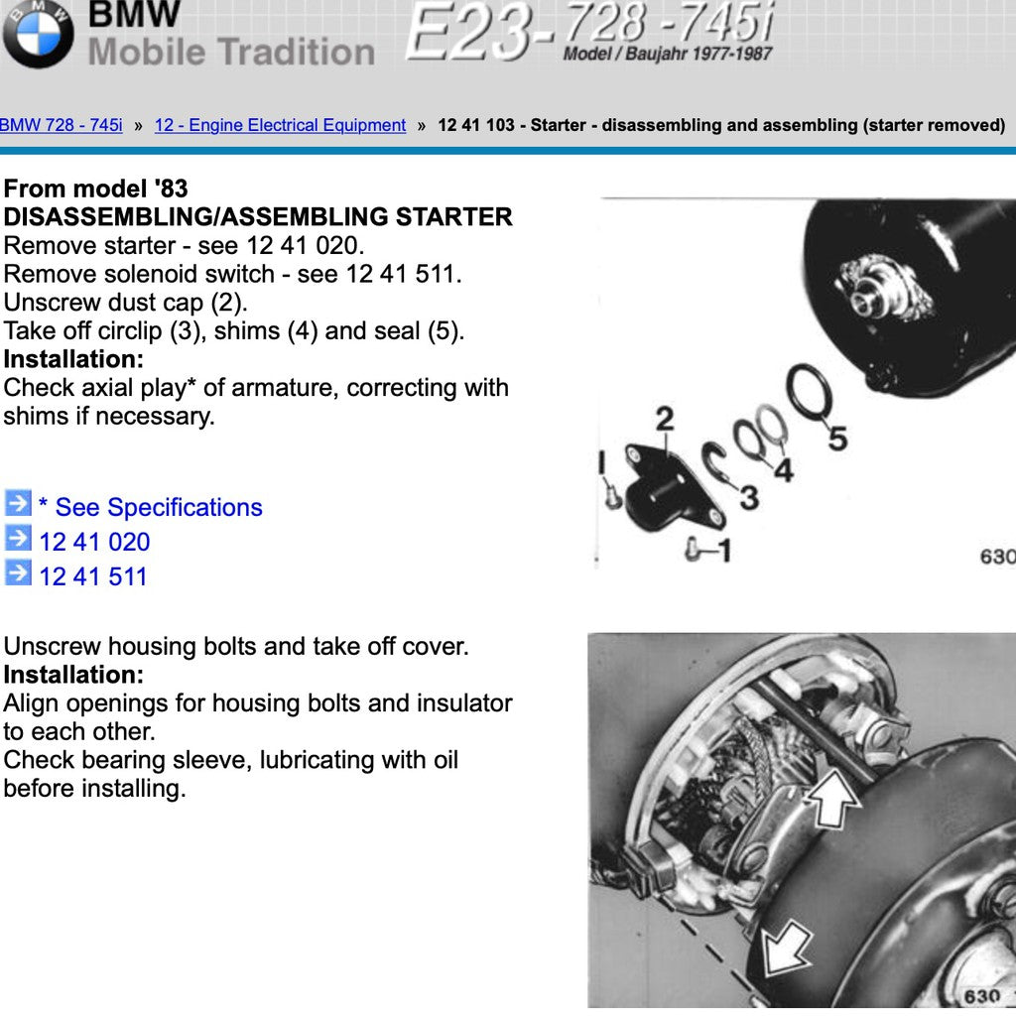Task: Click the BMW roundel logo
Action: (x=38, y=33)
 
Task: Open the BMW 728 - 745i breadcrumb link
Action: (x=61, y=125)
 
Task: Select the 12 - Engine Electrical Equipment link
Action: (x=280, y=125)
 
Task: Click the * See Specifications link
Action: (x=151, y=507)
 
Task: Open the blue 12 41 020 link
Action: (x=94, y=543)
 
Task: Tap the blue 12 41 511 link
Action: (x=93, y=576)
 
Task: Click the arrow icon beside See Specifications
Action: (x=18, y=503)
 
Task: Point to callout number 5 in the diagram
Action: (x=837, y=439)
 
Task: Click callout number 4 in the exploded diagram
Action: (x=784, y=469)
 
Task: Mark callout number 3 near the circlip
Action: (x=749, y=498)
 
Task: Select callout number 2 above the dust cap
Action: (x=664, y=420)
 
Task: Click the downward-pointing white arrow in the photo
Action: (x=786, y=949)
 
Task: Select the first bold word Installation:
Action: (x=73, y=359)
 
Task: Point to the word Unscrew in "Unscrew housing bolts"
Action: (x=52, y=647)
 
